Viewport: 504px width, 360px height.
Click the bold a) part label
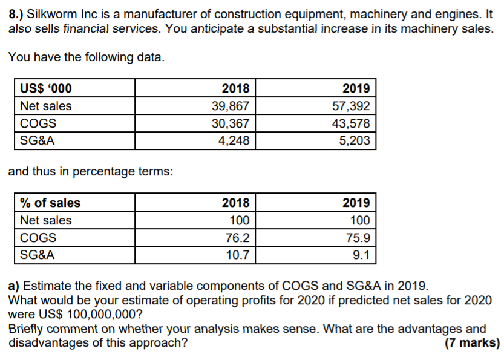pyautogui.click(x=13, y=286)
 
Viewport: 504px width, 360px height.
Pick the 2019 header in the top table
pyautogui.click(x=356, y=88)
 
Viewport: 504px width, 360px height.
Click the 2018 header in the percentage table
pyautogui.click(x=236, y=203)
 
